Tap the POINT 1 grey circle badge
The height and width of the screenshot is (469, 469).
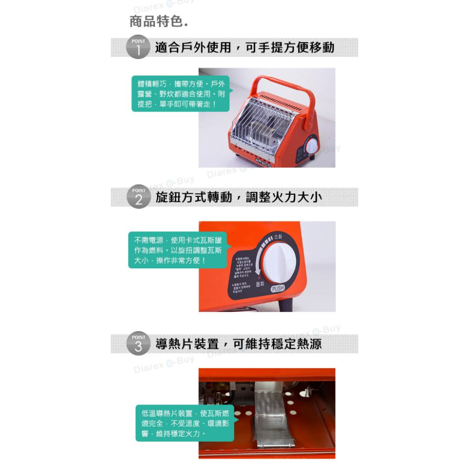138,48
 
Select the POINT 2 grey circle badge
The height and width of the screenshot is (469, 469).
138,197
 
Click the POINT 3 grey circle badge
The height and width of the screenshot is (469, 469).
138,344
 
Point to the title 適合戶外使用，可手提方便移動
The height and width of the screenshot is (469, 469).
244,48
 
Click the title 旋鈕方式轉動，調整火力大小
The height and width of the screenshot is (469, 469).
238,197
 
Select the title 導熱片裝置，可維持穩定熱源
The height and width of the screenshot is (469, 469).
238,344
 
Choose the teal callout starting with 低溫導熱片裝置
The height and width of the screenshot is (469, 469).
185,423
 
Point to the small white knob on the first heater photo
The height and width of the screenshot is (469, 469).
311,146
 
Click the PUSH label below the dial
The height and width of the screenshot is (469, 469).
278,289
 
